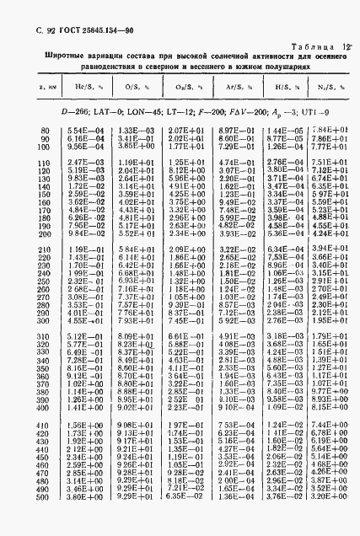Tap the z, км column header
(40, 87)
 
